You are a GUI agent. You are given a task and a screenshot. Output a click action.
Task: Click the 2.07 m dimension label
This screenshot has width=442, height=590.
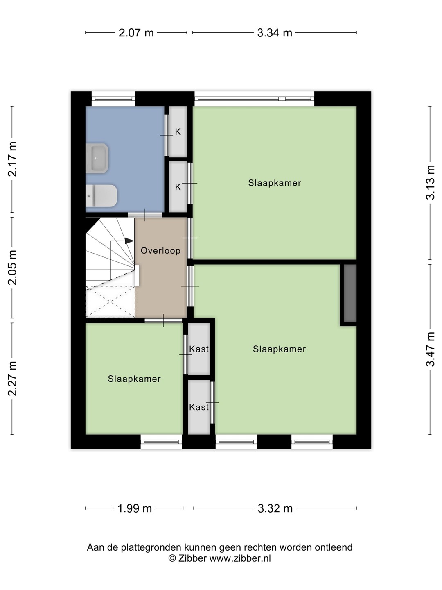click(x=136, y=33)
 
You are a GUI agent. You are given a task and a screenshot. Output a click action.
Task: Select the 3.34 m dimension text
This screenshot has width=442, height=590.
click(x=275, y=33)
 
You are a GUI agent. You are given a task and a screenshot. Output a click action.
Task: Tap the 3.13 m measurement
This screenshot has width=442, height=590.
click(x=430, y=182)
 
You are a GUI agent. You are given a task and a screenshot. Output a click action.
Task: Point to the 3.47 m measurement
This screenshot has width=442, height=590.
click(x=430, y=349)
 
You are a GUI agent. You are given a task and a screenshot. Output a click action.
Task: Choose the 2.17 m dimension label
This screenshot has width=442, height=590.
click(x=12, y=159)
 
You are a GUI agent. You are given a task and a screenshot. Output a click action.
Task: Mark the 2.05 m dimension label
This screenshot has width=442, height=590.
click(x=12, y=267)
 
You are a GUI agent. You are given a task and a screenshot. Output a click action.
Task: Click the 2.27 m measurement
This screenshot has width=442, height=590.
click(x=12, y=379)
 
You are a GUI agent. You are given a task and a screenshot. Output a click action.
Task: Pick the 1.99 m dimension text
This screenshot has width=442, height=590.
click(x=135, y=508)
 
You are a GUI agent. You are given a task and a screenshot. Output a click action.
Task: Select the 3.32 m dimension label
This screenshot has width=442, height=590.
click(x=275, y=508)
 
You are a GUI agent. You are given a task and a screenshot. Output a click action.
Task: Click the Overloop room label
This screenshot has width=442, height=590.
click(x=160, y=251)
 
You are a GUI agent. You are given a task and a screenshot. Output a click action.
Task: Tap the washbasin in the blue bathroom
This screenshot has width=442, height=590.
click(x=97, y=158)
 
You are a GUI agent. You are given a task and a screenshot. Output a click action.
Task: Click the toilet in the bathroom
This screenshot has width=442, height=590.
click(x=101, y=196)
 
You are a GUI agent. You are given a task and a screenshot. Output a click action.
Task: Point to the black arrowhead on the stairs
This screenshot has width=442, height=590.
click(x=129, y=241)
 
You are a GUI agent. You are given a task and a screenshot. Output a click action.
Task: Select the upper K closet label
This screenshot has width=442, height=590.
click(x=178, y=132)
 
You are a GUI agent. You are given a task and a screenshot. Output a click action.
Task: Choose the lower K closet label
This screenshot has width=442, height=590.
click(x=178, y=187)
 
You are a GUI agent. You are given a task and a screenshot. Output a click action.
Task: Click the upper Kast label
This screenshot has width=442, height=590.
click(x=199, y=349)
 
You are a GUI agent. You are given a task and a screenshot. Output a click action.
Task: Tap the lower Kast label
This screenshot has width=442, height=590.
click(x=199, y=407)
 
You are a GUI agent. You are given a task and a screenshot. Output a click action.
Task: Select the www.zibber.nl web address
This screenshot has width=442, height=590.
click(x=240, y=558)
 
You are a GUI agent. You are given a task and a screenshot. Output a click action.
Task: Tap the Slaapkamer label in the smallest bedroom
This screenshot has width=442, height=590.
click(x=134, y=379)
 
